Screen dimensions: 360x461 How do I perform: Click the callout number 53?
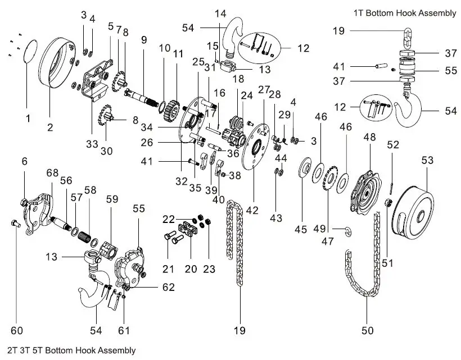(428, 161)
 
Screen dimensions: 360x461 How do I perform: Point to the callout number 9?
(144, 40)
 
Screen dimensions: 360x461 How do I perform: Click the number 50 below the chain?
(367, 331)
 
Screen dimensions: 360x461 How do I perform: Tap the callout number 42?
(252, 210)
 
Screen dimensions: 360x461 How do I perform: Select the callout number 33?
(92, 143)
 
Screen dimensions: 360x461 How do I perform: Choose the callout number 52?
(393, 144)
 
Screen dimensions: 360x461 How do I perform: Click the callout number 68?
(52, 172)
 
